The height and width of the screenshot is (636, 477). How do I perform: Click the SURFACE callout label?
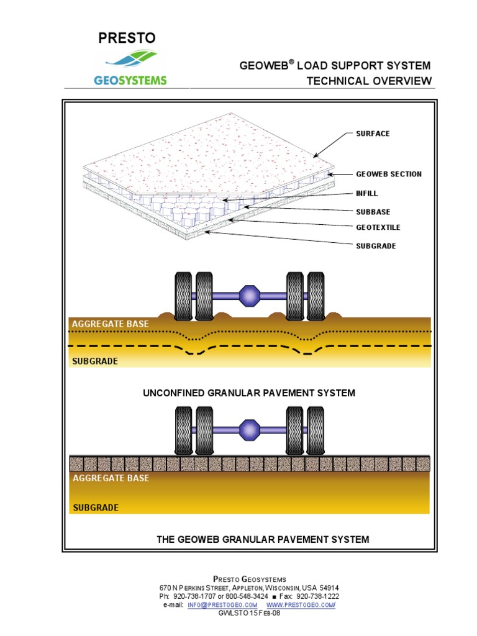point(373,134)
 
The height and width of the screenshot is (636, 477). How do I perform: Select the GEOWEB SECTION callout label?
point(388,174)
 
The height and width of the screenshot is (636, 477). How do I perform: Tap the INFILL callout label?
point(366,193)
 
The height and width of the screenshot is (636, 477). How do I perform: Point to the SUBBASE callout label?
point(373,212)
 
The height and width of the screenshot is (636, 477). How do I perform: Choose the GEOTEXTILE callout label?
point(378,228)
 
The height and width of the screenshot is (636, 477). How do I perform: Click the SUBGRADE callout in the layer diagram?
point(375,246)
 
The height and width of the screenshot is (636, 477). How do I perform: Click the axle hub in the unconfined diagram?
point(250,296)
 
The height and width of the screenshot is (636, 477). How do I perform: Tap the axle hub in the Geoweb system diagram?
point(250,430)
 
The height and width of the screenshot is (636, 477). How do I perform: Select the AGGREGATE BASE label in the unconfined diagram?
point(111,324)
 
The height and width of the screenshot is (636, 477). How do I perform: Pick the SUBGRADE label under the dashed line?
point(95,361)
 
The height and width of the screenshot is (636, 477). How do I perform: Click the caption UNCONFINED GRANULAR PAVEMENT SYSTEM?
point(249,393)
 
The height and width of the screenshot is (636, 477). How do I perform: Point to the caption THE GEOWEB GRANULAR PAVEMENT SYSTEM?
point(263,539)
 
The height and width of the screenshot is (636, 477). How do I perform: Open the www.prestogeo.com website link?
point(301,604)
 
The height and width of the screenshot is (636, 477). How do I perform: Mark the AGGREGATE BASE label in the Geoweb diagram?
point(111,478)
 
